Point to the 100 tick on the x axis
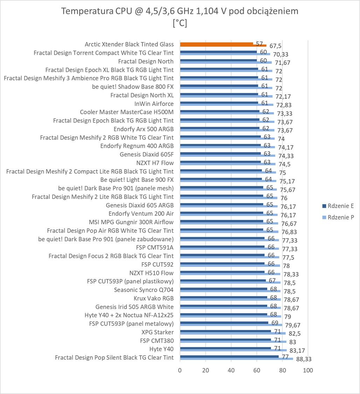pos(308,370)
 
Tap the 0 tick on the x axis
pos(180,370)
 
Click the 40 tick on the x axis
pos(231,370)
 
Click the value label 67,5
pos(275,46)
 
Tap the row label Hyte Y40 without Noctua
pos(161,349)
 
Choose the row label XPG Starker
pos(157,332)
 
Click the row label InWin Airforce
pos(154,104)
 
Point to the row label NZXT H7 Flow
pos(155,163)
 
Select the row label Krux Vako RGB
pos(153,298)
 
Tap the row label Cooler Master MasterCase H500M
pos(127,112)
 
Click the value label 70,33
pos(279,54)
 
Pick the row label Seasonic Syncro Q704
pos(144,290)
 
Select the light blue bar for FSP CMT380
pos(233,342)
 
